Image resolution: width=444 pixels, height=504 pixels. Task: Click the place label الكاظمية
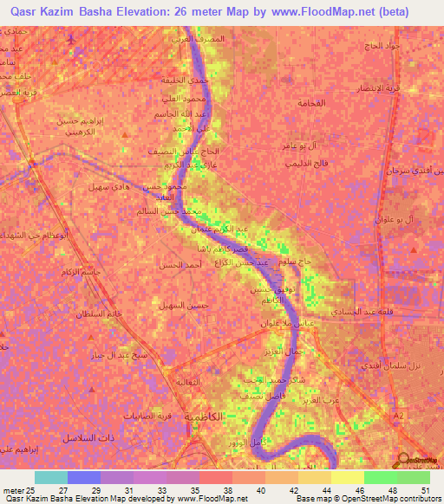coord(221,417)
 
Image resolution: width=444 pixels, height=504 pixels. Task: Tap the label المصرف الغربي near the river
coord(228,40)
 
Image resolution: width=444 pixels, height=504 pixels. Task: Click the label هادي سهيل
coord(110,186)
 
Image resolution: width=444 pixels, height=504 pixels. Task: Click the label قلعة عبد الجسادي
coord(363,311)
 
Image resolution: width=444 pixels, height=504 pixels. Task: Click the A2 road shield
coord(399,392)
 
